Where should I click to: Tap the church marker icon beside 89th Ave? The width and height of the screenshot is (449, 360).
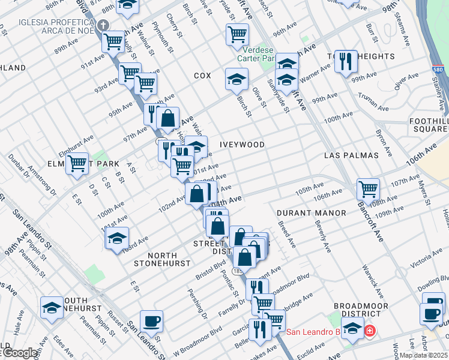pyautogui.click(x=103, y=25)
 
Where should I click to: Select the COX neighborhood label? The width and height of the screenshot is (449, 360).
pyautogui.click(x=202, y=76)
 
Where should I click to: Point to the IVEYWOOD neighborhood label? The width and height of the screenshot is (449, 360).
pyautogui.click(x=242, y=145)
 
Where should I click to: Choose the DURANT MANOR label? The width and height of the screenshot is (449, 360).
pyautogui.click(x=311, y=213)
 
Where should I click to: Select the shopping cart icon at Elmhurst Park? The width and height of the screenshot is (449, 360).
pyautogui.click(x=77, y=163)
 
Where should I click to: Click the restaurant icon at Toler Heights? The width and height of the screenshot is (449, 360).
pyautogui.click(x=346, y=61)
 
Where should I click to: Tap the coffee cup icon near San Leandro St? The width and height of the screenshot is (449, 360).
pyautogui.click(x=151, y=320)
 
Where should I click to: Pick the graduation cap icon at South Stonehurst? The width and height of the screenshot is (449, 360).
pyautogui.click(x=52, y=308)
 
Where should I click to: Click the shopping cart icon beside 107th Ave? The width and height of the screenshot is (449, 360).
pyautogui.click(x=368, y=189)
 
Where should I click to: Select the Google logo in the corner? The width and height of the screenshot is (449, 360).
pyautogui.click(x=19, y=353)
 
